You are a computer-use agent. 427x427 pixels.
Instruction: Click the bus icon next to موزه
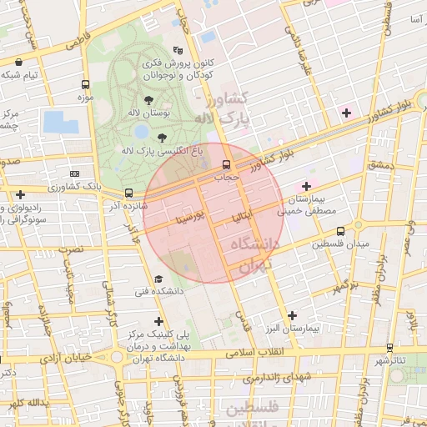pos(85,84)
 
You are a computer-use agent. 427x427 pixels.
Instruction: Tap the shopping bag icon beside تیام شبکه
pos(20,62)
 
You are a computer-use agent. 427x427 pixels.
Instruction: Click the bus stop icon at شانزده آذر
pos(128,193)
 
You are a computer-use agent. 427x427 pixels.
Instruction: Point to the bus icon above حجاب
pos(227,164)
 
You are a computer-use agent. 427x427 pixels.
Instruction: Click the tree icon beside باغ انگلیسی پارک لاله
pos(162,138)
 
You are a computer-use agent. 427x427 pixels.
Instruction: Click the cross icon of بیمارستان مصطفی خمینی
pos(306,185)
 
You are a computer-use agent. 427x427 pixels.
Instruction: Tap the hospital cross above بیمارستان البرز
pos(291,315)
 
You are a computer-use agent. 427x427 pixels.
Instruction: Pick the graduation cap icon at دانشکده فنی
pos(158,279)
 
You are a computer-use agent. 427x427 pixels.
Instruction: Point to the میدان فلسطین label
pos(340,244)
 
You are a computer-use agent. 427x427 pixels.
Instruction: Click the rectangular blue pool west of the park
pos(60,122)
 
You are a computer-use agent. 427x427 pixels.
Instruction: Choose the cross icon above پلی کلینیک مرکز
pos(158,320)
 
